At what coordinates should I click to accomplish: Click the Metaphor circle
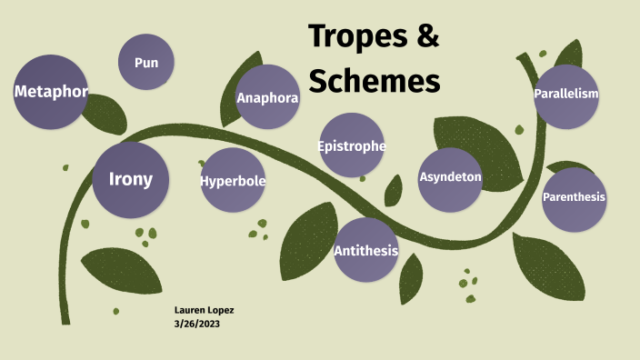[50, 92]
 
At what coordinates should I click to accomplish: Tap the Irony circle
[131, 179]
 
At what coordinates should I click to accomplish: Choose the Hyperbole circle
[233, 180]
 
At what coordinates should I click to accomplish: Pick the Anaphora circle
[267, 97]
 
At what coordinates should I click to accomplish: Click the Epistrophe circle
[352, 145]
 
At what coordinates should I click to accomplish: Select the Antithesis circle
[365, 250]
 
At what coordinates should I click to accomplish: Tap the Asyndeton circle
[450, 177]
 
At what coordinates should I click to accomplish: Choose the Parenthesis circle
[574, 197]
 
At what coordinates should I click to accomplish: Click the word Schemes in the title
[375, 81]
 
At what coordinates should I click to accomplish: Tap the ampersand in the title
[427, 36]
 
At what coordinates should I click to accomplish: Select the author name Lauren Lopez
[204, 310]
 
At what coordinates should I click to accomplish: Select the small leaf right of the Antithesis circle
[411, 276]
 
